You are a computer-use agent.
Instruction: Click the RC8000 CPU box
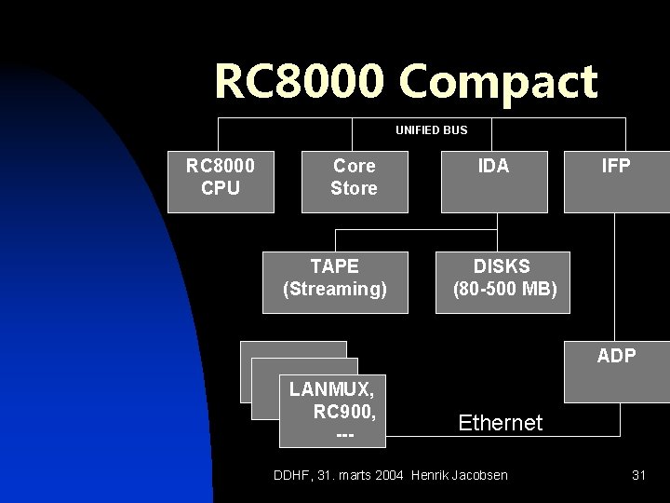[220, 177]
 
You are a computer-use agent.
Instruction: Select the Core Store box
[354, 177]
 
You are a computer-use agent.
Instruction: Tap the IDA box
[493, 177]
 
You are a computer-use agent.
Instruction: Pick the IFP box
[616, 177]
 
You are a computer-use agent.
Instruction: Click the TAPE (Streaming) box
[334, 279]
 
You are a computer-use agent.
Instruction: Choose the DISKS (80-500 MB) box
[504, 279]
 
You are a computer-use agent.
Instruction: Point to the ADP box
[616, 355]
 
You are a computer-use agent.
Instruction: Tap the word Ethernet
[501, 423]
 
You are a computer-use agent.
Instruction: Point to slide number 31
[638, 475]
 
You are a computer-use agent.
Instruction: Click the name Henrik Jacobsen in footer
[459, 475]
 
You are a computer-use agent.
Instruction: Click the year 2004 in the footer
[389, 475]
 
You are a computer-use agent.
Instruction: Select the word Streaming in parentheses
[334, 290]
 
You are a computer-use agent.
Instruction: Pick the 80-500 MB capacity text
[504, 290]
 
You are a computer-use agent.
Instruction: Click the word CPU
[220, 188]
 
